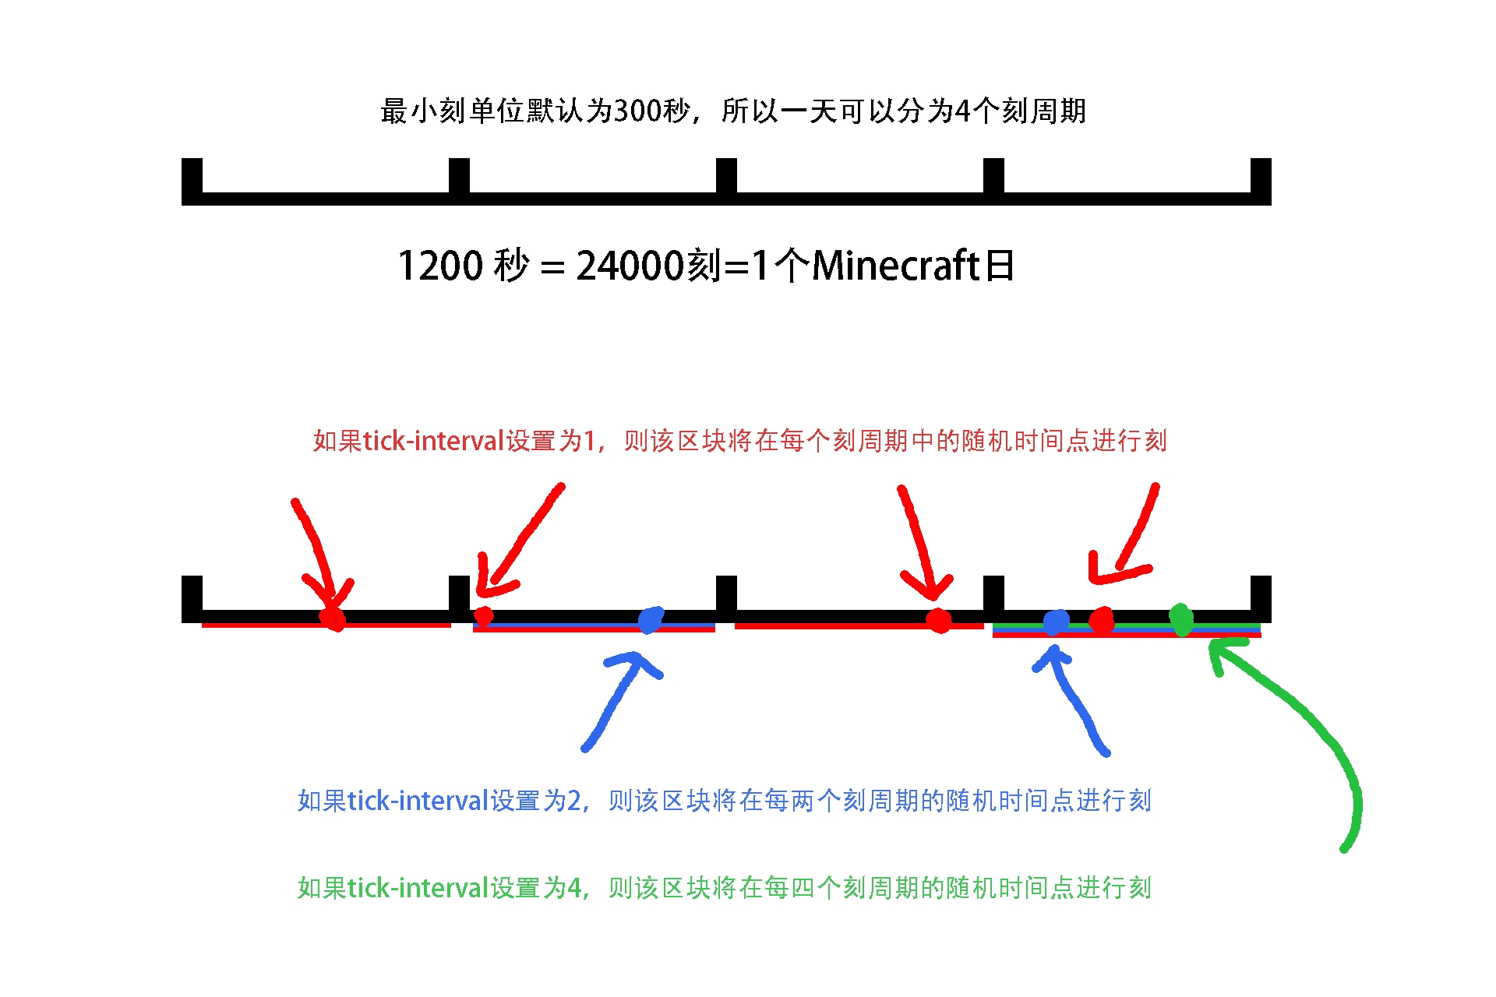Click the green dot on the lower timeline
point(1181,620)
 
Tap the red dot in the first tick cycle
point(333,618)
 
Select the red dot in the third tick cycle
point(939,621)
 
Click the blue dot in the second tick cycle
point(650,620)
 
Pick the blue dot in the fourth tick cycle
point(1056,622)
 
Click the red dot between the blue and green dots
point(1101,621)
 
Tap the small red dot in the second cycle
point(483,616)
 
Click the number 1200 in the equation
point(441,266)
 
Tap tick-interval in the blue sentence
point(418,801)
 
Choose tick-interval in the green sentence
point(418,888)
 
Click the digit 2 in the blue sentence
point(574,801)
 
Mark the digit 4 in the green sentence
point(574,888)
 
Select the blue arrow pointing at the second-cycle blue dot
point(619,701)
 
